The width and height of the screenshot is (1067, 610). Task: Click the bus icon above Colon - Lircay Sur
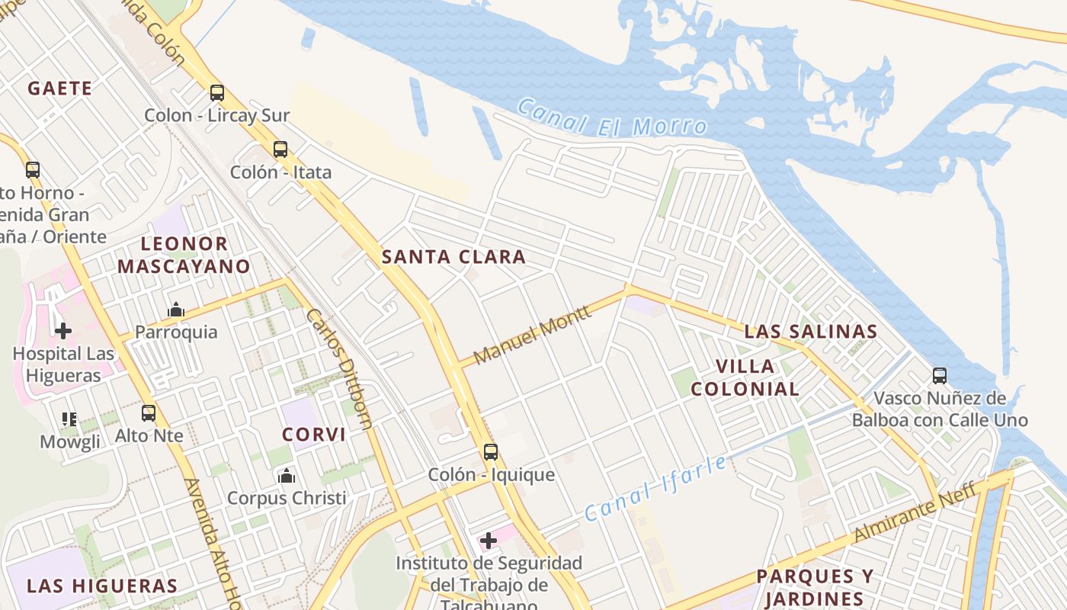pos(217,93)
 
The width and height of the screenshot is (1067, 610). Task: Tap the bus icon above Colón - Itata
pos(280,149)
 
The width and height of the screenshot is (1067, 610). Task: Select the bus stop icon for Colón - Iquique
pos(491,452)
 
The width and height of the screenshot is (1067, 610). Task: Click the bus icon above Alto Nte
pos(149,413)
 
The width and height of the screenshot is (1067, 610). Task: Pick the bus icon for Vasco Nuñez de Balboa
pos(940,376)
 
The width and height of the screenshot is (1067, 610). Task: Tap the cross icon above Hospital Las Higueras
pos(63,330)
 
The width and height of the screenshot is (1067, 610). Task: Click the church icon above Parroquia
pos(176,310)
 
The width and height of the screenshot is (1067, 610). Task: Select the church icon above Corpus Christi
pos(287,476)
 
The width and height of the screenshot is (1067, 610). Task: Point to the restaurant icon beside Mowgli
pos(69,419)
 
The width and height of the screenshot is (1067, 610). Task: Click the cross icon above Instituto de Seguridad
pos(489,541)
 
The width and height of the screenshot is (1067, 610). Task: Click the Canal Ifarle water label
pos(655,489)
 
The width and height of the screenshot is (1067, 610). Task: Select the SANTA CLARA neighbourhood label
pos(453,257)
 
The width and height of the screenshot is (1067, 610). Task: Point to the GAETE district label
pos(60,88)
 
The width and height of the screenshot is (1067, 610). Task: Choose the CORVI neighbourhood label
pos(314,435)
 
